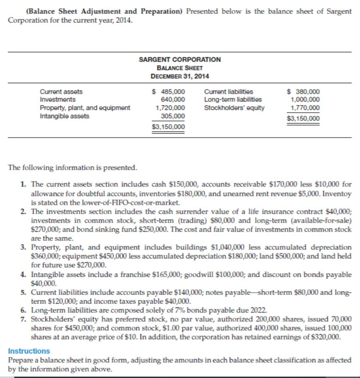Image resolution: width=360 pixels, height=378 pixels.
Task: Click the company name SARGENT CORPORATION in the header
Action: click(x=180, y=60)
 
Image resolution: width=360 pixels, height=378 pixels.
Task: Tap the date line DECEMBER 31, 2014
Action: click(x=180, y=76)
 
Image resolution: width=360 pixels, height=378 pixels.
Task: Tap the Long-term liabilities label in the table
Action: click(x=233, y=100)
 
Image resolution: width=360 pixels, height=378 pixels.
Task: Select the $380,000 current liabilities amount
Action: click(x=303, y=92)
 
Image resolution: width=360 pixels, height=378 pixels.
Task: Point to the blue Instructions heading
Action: click(x=29, y=351)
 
